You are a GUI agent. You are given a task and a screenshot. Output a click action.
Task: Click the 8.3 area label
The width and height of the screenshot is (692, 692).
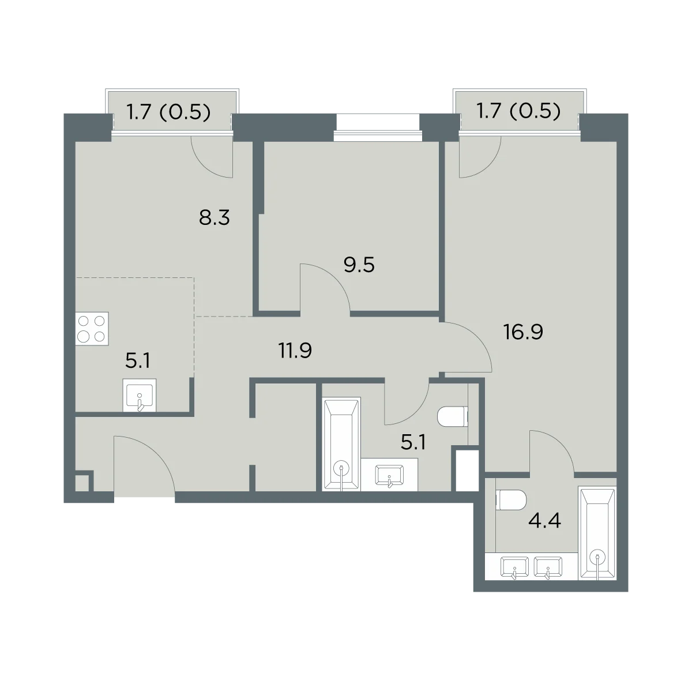point(215,217)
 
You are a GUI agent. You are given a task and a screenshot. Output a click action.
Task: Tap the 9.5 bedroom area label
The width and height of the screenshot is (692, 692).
point(359,265)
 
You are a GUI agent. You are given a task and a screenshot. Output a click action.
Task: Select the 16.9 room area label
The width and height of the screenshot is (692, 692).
point(523,332)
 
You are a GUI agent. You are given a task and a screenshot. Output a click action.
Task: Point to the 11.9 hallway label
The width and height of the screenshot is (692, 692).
point(295,351)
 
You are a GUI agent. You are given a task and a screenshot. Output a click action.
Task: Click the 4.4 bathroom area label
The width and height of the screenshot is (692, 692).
point(545,521)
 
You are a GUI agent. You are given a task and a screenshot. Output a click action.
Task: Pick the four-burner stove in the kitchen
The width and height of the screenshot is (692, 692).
point(92,329)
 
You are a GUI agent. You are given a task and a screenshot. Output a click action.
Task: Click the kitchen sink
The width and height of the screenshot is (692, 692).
point(140,395)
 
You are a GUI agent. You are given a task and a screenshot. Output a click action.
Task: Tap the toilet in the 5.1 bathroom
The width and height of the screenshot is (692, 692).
point(453,417)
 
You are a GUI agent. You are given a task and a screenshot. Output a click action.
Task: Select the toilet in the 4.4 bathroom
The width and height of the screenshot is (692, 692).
point(511,500)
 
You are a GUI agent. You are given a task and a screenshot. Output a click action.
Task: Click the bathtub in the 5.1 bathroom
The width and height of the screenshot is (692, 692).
point(341,444)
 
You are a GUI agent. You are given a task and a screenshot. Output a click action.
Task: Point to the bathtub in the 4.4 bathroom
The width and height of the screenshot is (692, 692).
point(597,533)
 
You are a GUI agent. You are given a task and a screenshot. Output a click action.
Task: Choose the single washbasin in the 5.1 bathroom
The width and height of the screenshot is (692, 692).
point(389,475)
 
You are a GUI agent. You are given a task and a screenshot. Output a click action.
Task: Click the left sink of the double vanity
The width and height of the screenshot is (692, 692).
point(514,567)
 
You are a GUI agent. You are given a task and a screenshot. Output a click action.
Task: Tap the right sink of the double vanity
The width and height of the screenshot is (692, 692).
point(548,567)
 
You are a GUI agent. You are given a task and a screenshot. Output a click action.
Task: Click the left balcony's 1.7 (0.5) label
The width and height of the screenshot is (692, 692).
point(168,112)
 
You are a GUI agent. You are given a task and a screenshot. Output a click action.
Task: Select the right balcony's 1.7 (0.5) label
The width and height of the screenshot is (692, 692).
point(518,111)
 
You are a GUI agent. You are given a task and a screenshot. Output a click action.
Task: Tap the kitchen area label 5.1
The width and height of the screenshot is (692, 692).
point(138,360)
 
